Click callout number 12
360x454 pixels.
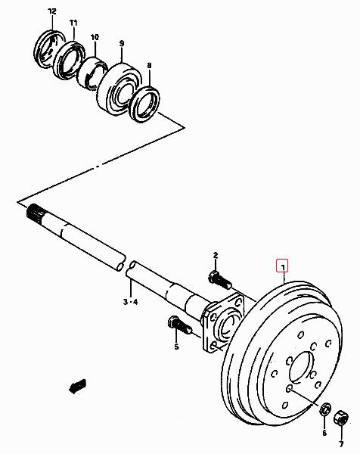coord(52,11)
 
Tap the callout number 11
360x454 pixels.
coord(73,23)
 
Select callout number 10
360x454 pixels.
coord(95,37)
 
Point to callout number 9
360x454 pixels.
coord(122,43)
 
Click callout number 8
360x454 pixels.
coord(149,65)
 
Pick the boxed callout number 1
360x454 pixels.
coord(283,266)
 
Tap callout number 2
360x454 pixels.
coord(216,256)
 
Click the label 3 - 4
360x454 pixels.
coord(131,302)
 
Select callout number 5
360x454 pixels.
coord(176,347)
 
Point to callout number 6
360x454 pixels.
coord(324,433)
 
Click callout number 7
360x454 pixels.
coord(341,444)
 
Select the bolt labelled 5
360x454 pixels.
coord(179,325)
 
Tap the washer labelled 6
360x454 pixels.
coord(326,409)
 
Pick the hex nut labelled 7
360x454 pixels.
coord(340,418)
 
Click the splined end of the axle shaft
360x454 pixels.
coord(36,214)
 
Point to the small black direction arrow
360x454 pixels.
coord(78,386)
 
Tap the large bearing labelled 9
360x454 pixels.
coord(119,88)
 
